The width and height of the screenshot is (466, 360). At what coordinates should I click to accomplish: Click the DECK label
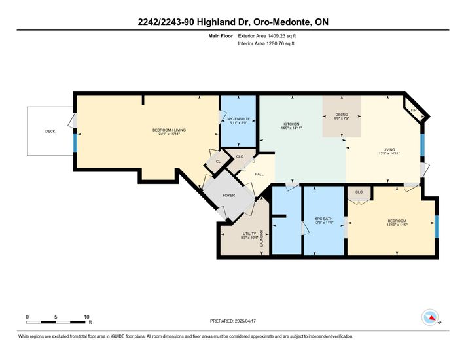[50, 131]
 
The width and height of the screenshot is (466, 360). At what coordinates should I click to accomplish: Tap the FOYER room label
[229, 195]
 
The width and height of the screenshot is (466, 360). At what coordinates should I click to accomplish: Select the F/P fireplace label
[414, 110]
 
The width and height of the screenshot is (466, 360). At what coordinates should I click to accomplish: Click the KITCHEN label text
[291, 124]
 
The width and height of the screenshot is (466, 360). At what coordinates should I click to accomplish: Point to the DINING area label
[342, 115]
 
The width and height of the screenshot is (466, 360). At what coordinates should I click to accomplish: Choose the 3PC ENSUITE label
[238, 119]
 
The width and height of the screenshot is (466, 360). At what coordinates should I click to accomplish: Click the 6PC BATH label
[324, 219]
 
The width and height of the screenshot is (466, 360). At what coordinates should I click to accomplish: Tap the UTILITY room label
[249, 234]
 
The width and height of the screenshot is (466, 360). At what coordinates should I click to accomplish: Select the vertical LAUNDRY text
[262, 238]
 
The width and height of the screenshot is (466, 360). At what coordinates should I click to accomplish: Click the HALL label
[259, 174]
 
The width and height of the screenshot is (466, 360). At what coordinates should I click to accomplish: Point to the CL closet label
[218, 162]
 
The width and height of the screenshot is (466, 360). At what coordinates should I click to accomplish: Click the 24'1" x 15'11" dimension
[169, 134]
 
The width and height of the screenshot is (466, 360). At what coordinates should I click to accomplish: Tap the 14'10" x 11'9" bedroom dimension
[397, 225]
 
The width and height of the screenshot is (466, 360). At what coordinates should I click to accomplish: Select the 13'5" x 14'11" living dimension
[389, 153]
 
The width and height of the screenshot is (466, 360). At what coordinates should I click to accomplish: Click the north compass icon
[431, 317]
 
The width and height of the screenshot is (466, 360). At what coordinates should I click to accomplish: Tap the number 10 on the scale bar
[86, 317]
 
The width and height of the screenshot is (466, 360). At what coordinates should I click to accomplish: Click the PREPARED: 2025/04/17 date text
[233, 321]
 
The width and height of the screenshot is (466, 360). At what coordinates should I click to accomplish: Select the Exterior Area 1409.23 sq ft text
[267, 36]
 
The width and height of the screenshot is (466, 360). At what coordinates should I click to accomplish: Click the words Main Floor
[221, 36]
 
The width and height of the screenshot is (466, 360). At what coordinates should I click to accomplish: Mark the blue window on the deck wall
[75, 143]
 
